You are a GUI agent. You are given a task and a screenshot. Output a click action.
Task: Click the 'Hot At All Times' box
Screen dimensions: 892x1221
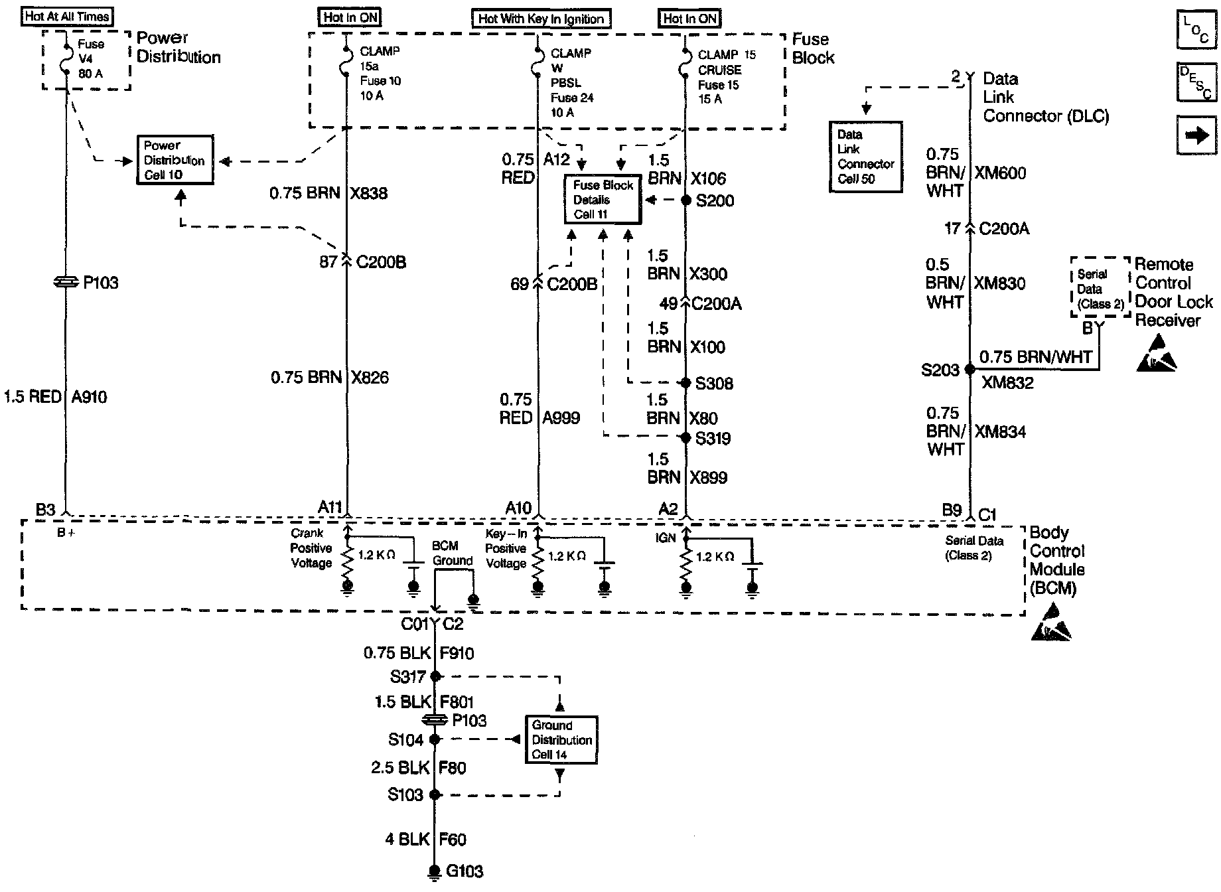pos(67,17)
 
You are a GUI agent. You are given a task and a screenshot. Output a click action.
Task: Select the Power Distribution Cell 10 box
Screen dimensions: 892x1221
pos(175,160)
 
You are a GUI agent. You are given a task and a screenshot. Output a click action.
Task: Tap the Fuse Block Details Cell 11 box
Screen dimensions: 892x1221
pos(603,199)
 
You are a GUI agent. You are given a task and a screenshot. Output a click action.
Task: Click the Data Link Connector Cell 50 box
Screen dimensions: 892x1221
pos(865,157)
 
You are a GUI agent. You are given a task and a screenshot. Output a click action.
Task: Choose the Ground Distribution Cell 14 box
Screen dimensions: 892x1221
pos(561,739)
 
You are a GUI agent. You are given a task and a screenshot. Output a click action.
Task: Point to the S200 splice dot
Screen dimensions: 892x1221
pos(687,200)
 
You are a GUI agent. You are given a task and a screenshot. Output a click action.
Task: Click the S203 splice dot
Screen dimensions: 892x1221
pos(970,369)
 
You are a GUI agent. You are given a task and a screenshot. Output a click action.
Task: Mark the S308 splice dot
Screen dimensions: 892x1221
pos(687,383)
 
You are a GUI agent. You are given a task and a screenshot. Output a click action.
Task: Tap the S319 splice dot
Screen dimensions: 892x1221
pos(687,437)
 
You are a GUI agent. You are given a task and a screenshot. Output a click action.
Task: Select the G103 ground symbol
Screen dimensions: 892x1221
pos(435,871)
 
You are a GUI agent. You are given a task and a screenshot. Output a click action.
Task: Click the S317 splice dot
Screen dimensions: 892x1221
pos(435,676)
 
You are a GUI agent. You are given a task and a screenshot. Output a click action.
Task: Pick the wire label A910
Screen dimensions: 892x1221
pos(89,397)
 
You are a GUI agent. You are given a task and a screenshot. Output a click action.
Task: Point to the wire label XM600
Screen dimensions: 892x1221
pos(1000,173)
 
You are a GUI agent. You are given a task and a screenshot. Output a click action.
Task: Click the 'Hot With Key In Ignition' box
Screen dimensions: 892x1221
pos(541,19)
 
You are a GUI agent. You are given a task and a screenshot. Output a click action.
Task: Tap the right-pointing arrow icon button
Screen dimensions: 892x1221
pos(1196,135)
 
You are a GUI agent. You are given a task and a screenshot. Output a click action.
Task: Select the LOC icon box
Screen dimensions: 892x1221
pos(1196,30)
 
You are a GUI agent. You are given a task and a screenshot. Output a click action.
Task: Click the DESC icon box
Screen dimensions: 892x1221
pos(1196,82)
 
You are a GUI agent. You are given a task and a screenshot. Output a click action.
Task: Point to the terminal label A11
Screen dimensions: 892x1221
pos(330,508)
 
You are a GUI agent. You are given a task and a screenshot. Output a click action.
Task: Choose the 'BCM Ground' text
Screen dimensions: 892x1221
pos(451,553)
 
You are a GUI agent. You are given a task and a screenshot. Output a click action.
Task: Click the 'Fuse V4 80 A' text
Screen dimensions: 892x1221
pos(91,59)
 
